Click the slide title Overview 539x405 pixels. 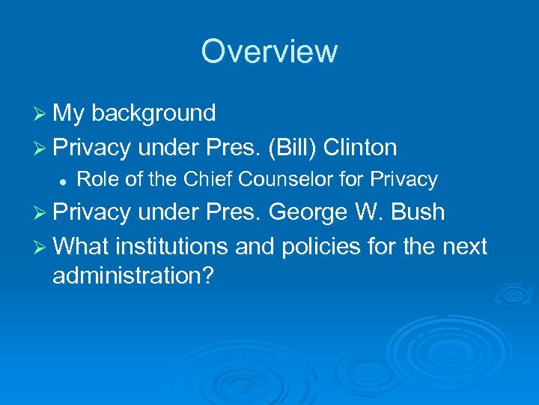tap(269, 51)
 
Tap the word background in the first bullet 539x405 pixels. tap(154, 113)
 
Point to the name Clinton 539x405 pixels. tap(360, 148)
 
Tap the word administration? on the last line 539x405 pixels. tap(133, 276)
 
